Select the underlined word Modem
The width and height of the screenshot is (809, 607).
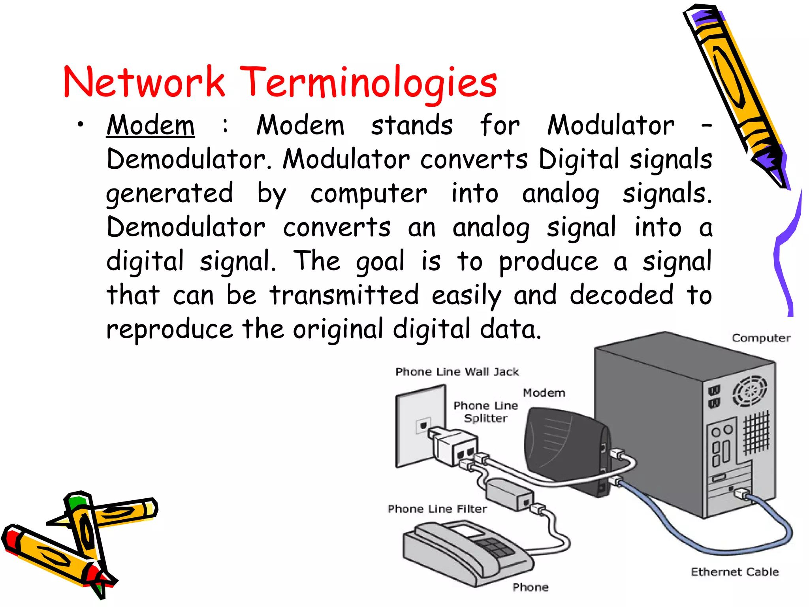coord(151,126)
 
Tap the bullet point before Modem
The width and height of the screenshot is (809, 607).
coord(81,125)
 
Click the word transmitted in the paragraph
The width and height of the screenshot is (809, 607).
coord(344,295)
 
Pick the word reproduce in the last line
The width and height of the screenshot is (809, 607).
coord(170,330)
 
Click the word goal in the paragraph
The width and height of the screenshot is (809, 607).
coord(380,262)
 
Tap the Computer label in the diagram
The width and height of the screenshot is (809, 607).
coord(761,338)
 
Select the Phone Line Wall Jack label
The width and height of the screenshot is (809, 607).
coord(457,372)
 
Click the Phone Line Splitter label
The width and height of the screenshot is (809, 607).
coord(485,412)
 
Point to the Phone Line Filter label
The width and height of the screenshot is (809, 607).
coord(437,509)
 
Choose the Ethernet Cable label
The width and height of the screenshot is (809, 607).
coord(735,572)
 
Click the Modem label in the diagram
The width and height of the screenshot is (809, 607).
coord(544,393)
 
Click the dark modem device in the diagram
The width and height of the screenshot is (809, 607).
coord(565,451)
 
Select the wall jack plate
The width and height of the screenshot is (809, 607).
coord(415,427)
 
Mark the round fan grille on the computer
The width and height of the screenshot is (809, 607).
coord(749,391)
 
